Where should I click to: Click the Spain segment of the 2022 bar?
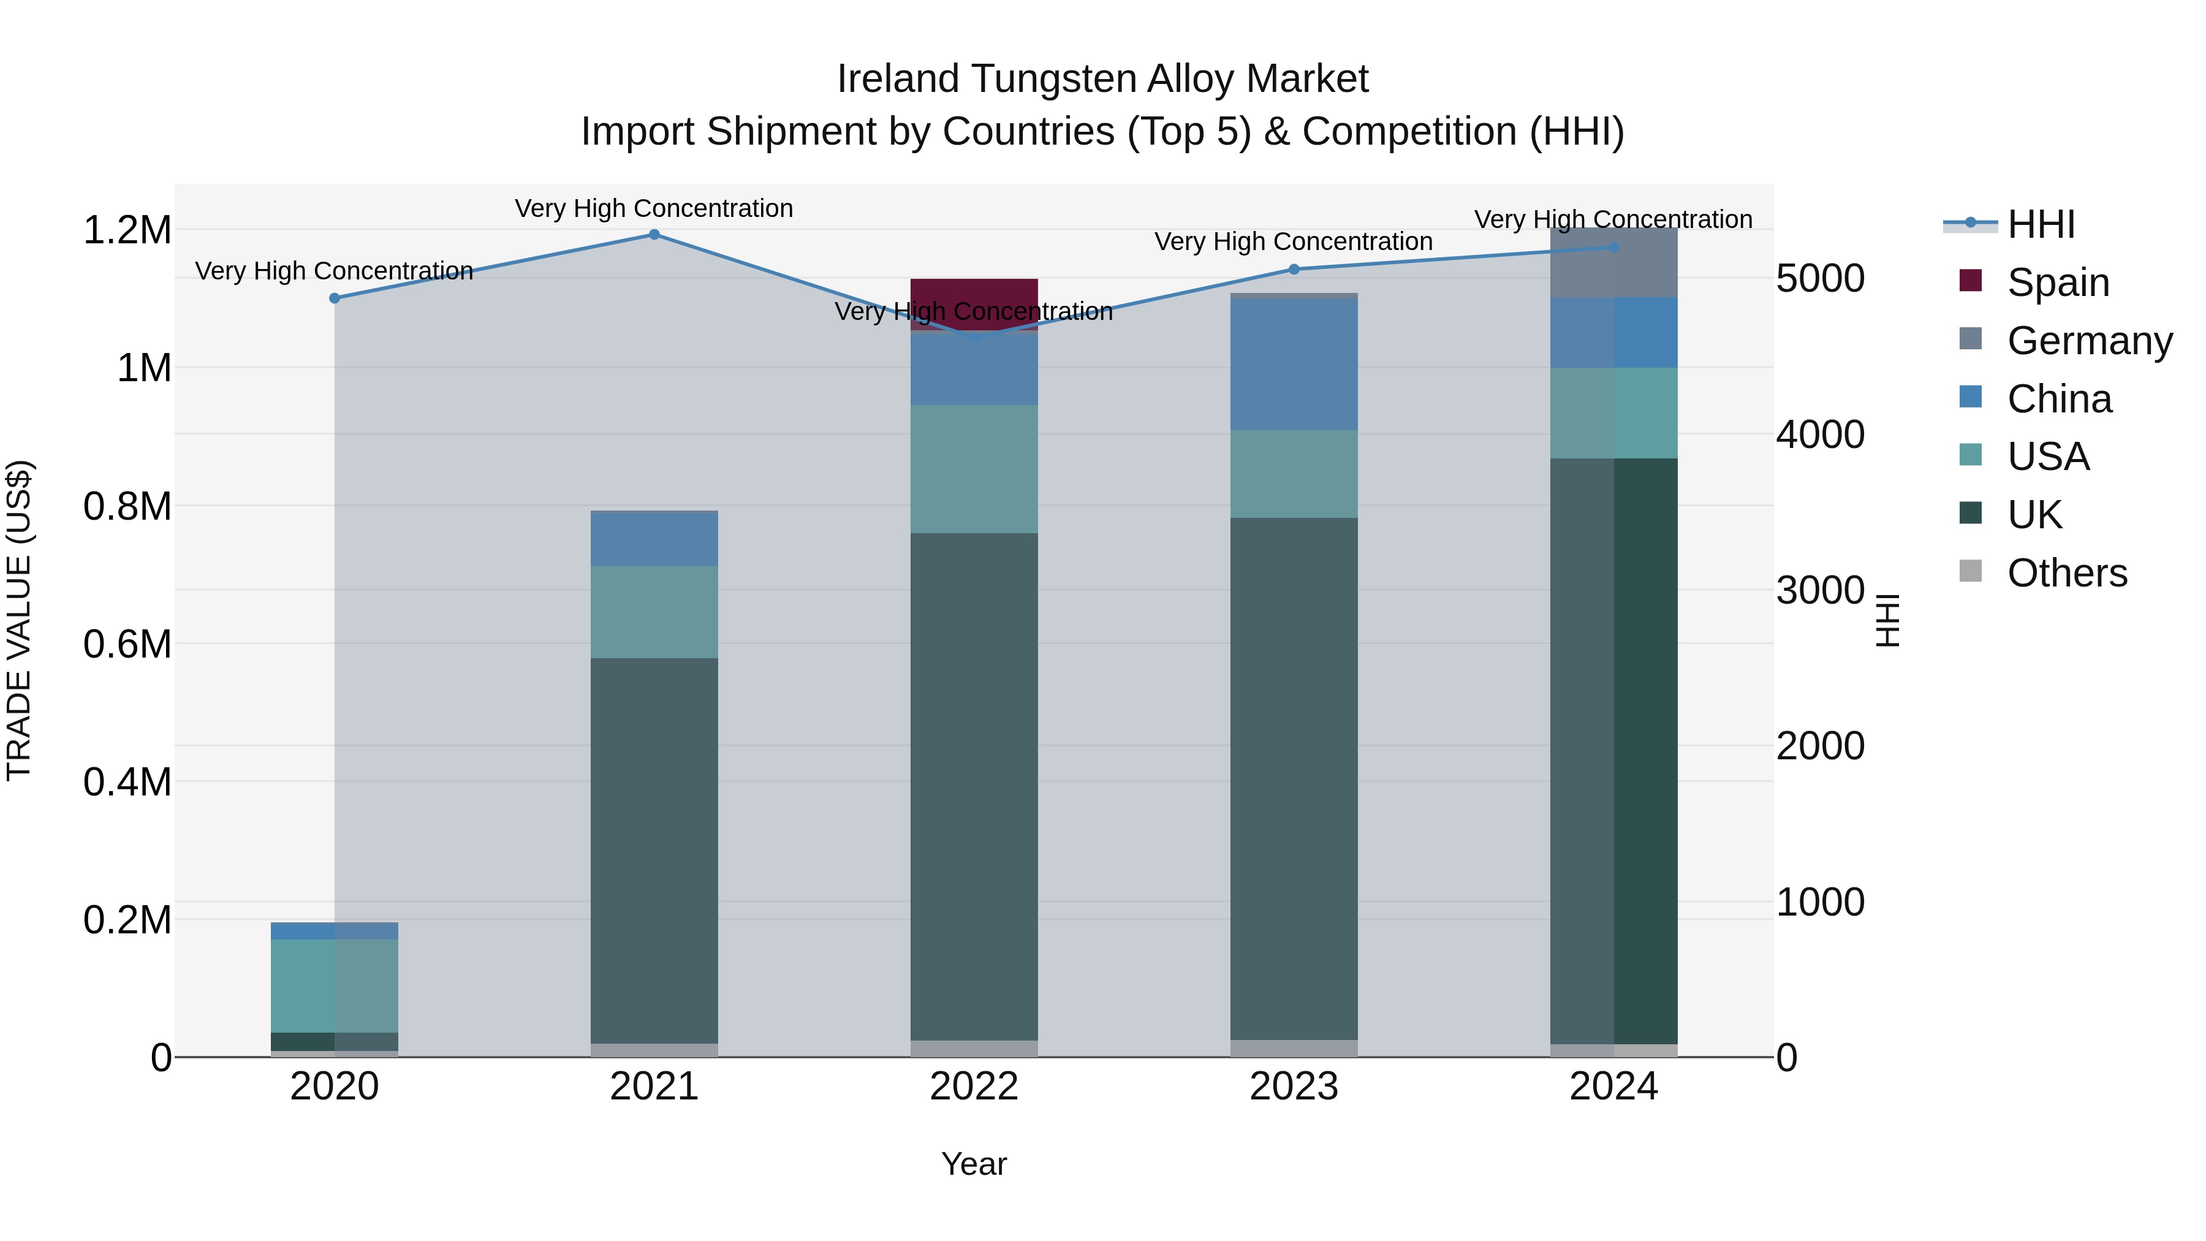point(974,294)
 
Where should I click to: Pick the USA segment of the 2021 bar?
point(654,612)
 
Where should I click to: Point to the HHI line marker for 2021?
point(654,235)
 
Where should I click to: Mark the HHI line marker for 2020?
point(335,298)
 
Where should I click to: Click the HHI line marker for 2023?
point(1294,269)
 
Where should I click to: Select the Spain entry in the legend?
point(2058,283)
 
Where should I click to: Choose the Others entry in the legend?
point(2066,573)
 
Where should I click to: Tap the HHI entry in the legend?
point(2041,224)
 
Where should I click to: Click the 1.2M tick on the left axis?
point(127,230)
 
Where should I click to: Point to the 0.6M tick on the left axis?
point(127,644)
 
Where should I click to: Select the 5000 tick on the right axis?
point(1820,278)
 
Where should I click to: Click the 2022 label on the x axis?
point(974,1086)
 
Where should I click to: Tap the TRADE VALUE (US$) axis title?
point(19,620)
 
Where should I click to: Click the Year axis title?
point(974,1164)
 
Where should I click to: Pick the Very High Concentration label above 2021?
point(654,208)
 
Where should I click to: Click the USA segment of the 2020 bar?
point(335,986)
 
